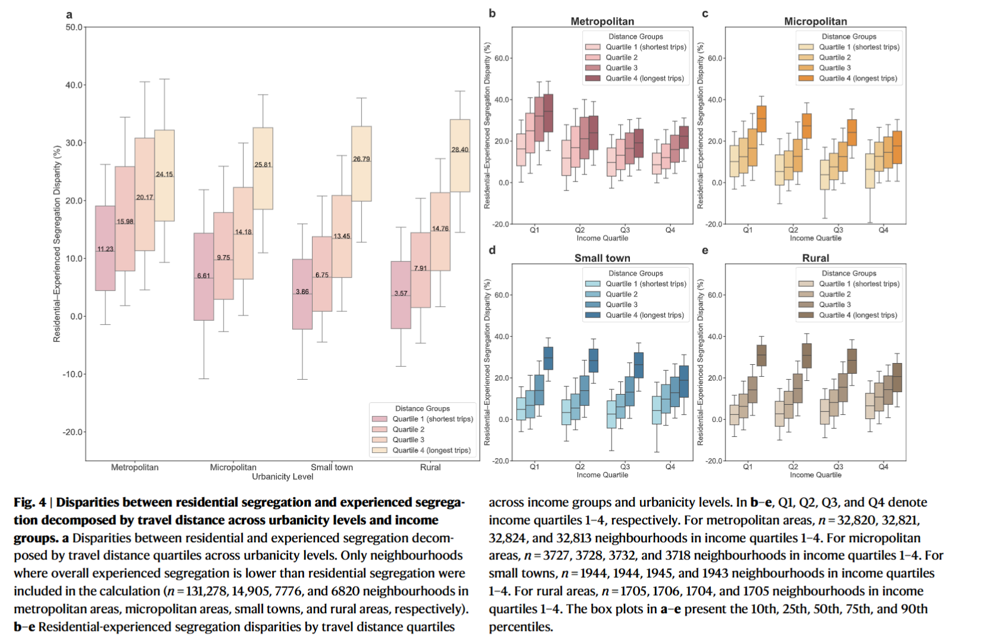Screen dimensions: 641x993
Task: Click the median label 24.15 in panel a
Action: [x=164, y=174]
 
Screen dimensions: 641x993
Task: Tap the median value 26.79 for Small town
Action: [x=361, y=159]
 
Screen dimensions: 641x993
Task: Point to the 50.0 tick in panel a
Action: [x=74, y=27]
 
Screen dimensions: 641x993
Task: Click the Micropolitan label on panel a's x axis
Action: [x=233, y=467]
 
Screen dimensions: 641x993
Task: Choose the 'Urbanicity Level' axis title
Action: [x=282, y=477]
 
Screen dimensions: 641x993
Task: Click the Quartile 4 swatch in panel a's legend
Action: [x=380, y=451]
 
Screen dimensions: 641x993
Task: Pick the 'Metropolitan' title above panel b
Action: [x=602, y=21]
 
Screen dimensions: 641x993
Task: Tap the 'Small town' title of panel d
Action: [x=602, y=258]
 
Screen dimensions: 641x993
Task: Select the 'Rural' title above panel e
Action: [x=815, y=258]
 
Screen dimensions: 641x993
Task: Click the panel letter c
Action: [x=705, y=14]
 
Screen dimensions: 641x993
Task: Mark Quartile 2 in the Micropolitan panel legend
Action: [x=835, y=58]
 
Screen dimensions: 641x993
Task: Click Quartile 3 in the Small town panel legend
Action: [x=622, y=305]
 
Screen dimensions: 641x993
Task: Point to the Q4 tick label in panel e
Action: [x=883, y=467]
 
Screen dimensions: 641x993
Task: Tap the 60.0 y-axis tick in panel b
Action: [x=501, y=58]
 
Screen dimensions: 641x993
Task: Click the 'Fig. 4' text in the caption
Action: [x=30, y=503]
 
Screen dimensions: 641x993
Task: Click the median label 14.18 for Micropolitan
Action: [x=243, y=232]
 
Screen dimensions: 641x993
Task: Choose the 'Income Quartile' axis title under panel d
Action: [x=602, y=475]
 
